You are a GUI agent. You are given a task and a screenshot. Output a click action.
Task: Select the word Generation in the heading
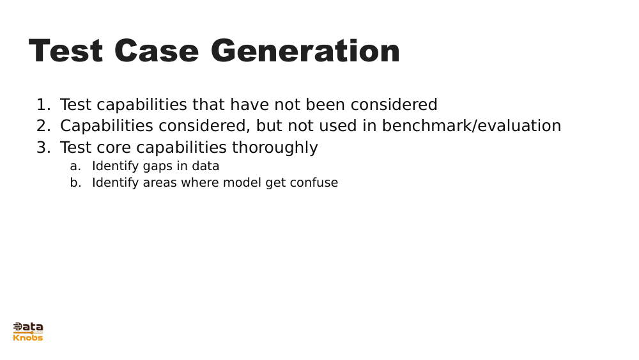point(305,51)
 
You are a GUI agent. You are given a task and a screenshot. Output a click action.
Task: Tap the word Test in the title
point(66,51)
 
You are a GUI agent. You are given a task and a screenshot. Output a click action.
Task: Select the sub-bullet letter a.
point(75,166)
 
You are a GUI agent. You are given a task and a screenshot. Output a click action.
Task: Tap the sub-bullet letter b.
point(75,183)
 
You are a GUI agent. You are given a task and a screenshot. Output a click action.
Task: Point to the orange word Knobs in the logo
point(28,338)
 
